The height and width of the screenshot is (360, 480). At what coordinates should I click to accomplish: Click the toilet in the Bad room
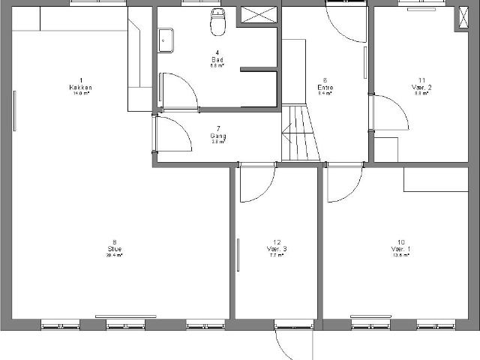[217, 23]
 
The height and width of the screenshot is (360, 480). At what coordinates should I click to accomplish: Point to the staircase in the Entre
[298, 132]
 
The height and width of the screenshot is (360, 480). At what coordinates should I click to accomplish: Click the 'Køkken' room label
[80, 87]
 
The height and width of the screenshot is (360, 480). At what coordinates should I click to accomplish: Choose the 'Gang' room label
[218, 134]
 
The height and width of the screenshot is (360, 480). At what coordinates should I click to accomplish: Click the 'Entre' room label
[325, 87]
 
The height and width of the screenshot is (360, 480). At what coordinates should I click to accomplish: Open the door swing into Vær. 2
[390, 112]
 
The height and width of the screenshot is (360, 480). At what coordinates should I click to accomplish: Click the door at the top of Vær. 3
[256, 183]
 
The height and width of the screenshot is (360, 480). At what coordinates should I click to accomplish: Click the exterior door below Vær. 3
[292, 344]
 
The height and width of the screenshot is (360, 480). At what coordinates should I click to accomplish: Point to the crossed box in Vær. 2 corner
[460, 19]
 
